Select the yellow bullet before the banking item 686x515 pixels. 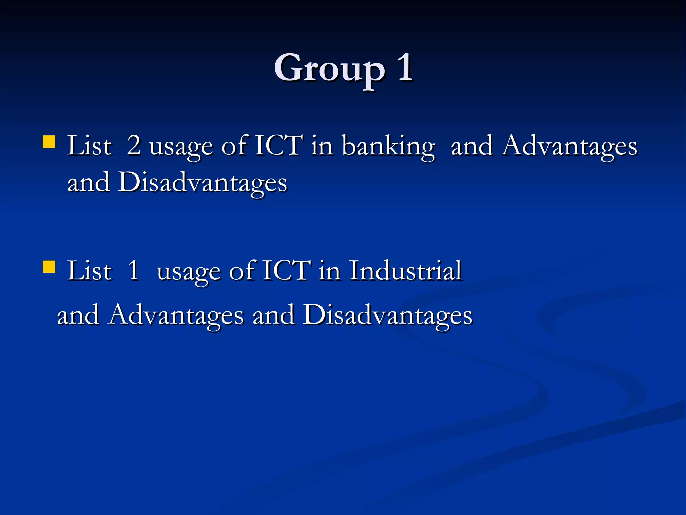(x=49, y=141)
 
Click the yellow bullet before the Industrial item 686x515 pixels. (x=49, y=267)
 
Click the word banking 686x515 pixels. (x=389, y=147)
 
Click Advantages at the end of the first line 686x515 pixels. (x=569, y=147)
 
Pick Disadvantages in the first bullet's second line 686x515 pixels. (x=202, y=183)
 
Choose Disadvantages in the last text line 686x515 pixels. (x=388, y=315)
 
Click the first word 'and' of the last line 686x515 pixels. (x=78, y=315)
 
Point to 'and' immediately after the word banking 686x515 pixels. (x=472, y=146)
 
